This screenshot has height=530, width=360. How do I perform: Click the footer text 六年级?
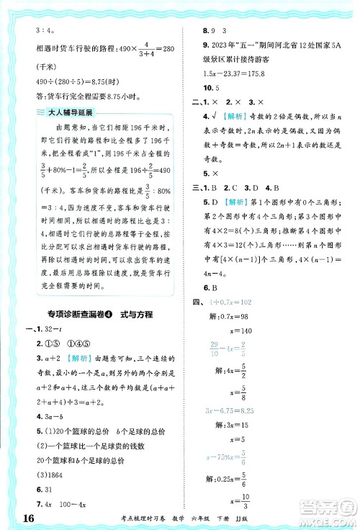(243, 516)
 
